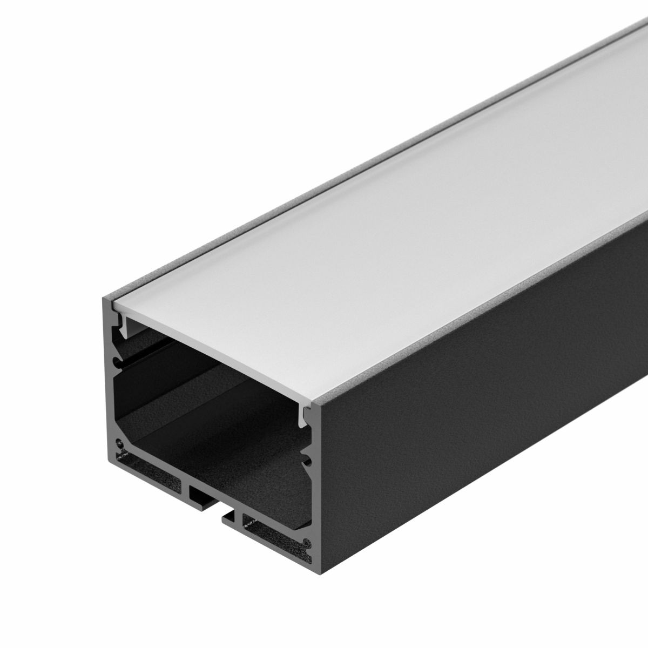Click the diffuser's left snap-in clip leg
coord(124,325)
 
